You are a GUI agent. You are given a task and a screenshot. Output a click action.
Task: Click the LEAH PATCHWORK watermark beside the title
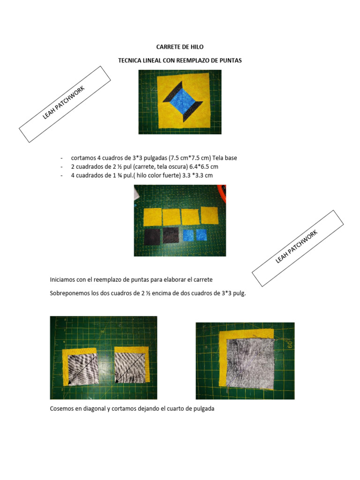click(64, 104)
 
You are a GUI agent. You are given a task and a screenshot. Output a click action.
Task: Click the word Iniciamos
click(64, 280)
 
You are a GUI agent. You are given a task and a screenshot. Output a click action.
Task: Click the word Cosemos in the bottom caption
click(62, 409)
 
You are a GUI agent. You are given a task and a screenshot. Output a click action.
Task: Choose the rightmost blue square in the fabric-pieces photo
click(202, 235)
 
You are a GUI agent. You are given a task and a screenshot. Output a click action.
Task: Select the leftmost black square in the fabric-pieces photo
click(152, 236)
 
